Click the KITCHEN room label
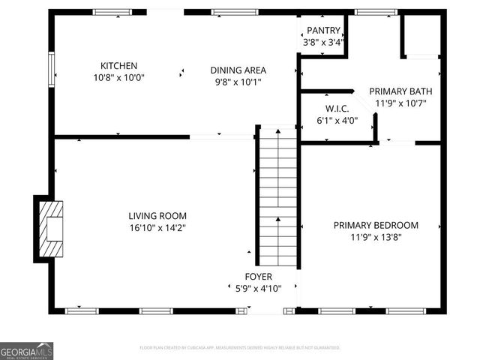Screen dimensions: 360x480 coord(119,65)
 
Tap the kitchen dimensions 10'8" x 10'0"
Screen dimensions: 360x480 coord(119,77)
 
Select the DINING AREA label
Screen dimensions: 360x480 coord(238,70)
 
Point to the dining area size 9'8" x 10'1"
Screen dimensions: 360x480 coord(238,82)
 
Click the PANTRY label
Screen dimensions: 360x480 coord(324,31)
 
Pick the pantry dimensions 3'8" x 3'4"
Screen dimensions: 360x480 coord(324,42)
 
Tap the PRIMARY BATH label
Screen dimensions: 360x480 coord(400,91)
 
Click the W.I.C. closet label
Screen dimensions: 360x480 coord(337,108)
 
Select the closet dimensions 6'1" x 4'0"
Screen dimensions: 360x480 coord(337,120)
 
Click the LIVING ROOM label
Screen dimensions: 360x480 coord(157,215)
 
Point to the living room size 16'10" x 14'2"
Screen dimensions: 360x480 coord(157,227)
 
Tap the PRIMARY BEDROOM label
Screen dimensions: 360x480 coord(376,225)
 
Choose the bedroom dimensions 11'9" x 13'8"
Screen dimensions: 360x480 coord(376,237)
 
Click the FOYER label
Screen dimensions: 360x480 coord(253,276)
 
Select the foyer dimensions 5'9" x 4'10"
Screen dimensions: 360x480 coord(253,288)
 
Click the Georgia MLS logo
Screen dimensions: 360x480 coord(26,351)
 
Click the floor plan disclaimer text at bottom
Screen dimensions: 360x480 coord(240,348)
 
